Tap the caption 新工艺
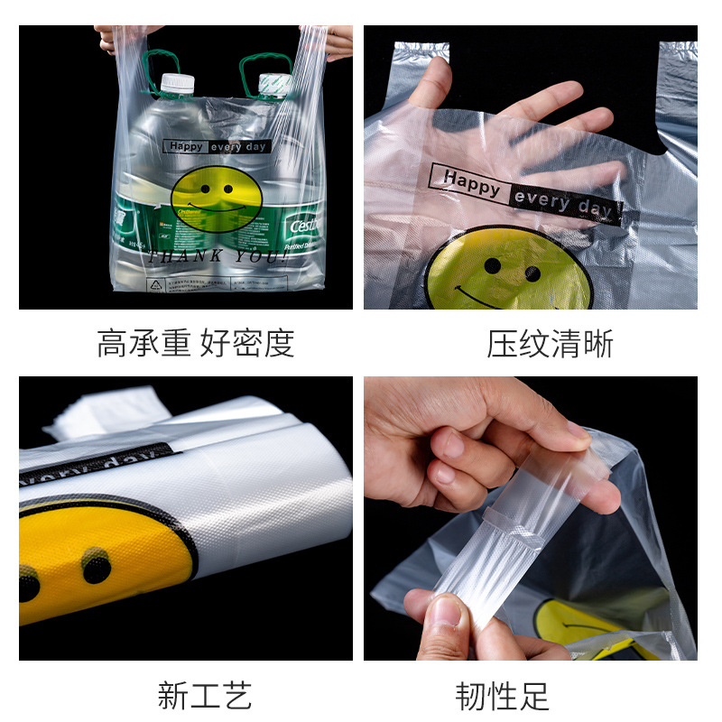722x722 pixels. tap(205, 695)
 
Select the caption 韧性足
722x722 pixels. tap(502, 695)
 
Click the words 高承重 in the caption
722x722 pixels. tap(145, 344)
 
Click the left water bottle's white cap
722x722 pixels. tap(178, 84)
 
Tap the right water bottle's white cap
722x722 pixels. tap(273, 84)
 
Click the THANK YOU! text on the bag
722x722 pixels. tap(217, 256)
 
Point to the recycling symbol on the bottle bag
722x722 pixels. tap(154, 284)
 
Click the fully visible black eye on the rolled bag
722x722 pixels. tap(96, 566)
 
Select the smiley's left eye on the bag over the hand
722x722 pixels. tap(492, 265)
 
